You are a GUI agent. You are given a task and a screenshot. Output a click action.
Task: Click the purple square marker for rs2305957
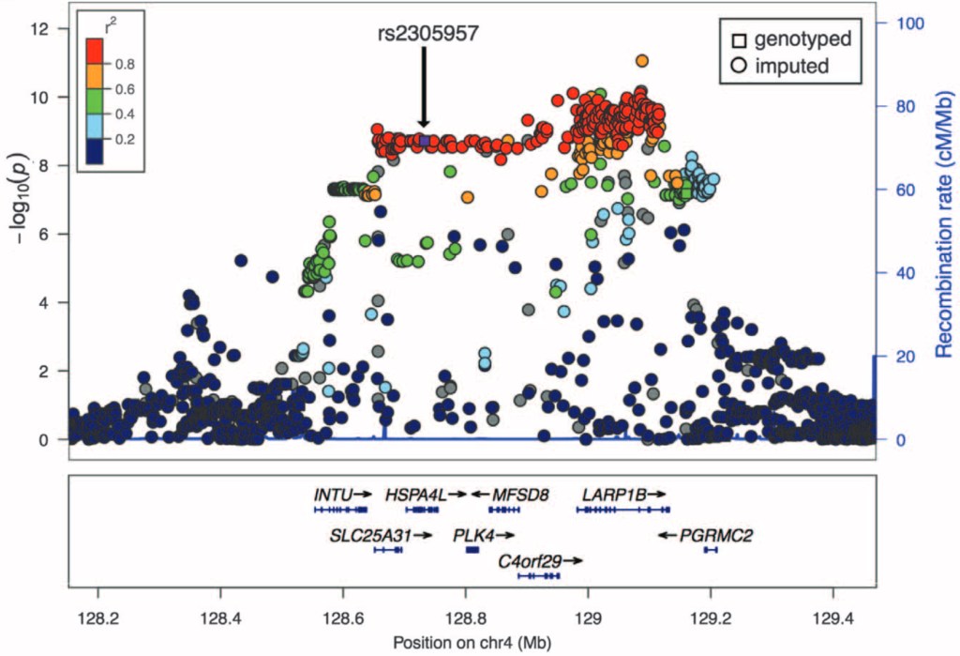pyautogui.click(x=424, y=140)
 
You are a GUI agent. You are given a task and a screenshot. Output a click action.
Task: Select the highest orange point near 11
pyautogui.click(x=641, y=61)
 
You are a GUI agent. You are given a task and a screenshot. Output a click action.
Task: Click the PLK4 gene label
pyautogui.click(x=473, y=535)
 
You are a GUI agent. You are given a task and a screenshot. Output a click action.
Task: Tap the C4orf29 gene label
pyautogui.click(x=530, y=561)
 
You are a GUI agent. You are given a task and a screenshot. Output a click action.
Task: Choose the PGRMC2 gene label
pyautogui.click(x=716, y=535)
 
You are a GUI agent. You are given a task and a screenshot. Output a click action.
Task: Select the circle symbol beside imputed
pyautogui.click(x=740, y=67)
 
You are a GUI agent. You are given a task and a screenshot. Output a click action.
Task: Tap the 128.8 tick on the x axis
pyautogui.click(x=466, y=620)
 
